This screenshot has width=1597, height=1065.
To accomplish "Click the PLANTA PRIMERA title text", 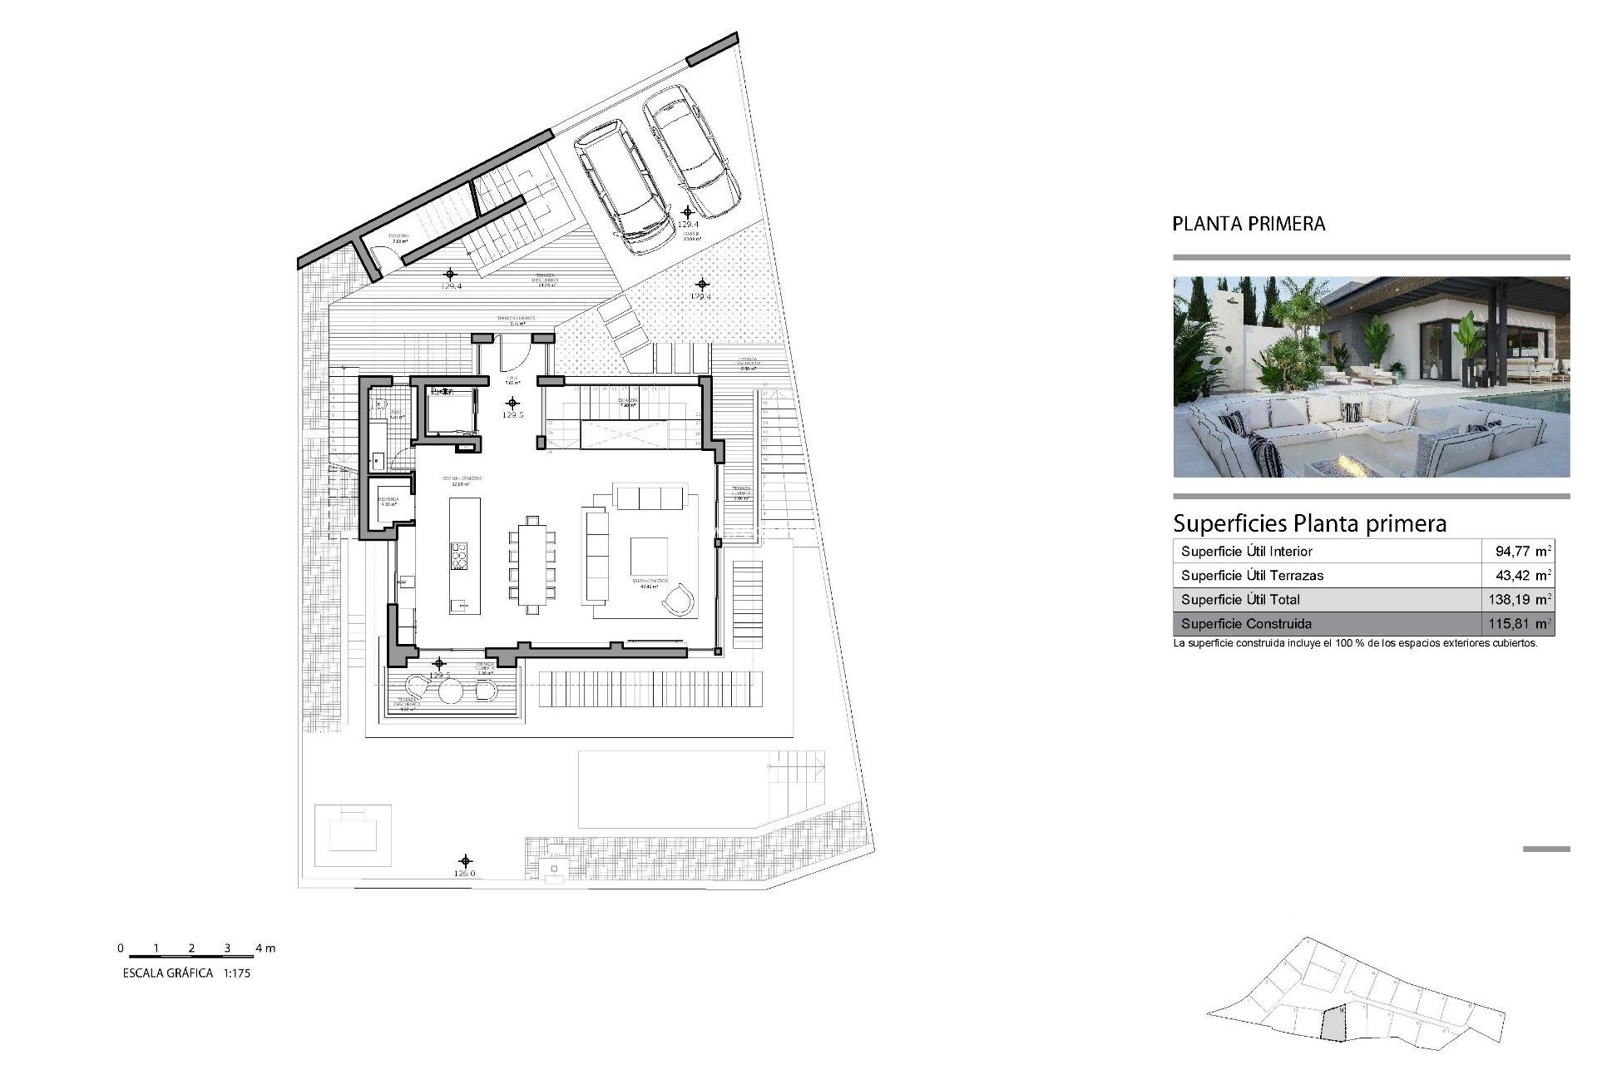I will pos(1248,224).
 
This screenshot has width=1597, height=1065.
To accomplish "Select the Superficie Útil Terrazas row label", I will pos(1252,575).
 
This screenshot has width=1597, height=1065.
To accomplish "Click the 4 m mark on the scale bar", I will pos(265,948).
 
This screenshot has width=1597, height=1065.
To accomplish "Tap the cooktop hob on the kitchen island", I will pos(459,556).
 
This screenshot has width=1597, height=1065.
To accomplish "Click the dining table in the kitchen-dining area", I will pos(532,563).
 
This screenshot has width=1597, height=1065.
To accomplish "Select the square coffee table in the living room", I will pos(649,556).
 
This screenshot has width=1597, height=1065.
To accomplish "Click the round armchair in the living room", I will pos(679,599).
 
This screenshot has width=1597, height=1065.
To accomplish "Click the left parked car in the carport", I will pos(624,186).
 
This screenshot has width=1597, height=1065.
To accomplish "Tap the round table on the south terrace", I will pos(450,691).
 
